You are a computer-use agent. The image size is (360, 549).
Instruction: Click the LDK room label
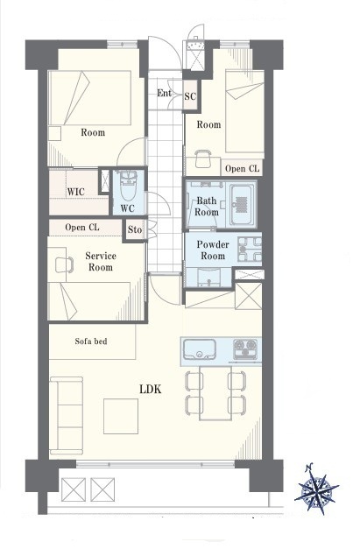[x=151, y=389]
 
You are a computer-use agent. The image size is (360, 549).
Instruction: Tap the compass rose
[x=316, y=489]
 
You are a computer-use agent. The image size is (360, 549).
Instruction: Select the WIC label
[x=75, y=192]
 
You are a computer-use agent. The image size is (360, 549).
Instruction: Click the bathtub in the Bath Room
[x=241, y=205]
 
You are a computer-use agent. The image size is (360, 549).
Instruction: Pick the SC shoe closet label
[x=190, y=96]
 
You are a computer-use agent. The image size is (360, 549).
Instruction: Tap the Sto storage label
[x=135, y=229]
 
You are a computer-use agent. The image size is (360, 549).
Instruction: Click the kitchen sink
[x=199, y=349]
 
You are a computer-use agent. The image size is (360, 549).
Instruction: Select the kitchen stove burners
[x=245, y=348]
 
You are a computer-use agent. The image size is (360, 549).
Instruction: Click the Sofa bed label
[x=91, y=341]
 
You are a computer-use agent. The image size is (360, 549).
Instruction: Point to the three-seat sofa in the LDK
[x=67, y=415]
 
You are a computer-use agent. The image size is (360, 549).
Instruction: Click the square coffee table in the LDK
[x=121, y=416]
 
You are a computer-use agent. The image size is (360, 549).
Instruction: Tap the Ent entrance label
[x=164, y=93]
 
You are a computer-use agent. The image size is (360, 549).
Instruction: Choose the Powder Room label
[x=213, y=250]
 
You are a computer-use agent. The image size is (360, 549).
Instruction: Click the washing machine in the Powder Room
[x=250, y=249]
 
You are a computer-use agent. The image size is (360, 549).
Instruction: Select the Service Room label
[x=101, y=262]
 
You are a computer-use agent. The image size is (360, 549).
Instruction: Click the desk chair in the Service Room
[x=65, y=264]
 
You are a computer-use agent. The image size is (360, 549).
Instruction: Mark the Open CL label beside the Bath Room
[x=242, y=169]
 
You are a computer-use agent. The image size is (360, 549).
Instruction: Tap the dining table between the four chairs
[x=215, y=392]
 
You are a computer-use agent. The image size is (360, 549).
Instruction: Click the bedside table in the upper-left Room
[x=54, y=133]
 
